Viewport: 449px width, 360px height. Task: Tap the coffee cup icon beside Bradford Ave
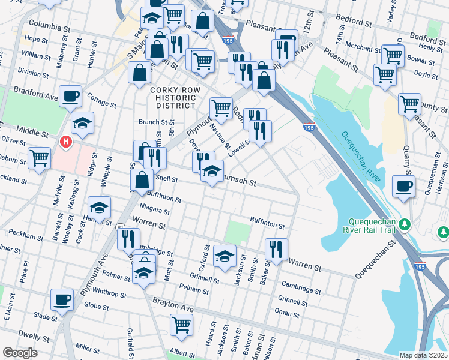71,95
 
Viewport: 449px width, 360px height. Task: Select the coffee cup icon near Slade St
62,299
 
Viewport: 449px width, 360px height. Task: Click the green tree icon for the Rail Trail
405,224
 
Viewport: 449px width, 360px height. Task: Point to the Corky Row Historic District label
173,97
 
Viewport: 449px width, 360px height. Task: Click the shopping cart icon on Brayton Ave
181,325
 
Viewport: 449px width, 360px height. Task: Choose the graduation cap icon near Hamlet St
100,208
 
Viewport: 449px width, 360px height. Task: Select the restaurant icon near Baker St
276,248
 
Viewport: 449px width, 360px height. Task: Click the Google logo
19,353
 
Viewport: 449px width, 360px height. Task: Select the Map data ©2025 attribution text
423,355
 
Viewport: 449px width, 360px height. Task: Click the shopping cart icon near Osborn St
39,158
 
